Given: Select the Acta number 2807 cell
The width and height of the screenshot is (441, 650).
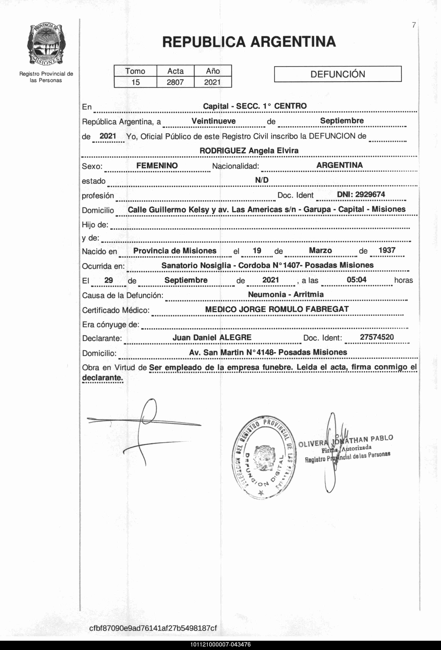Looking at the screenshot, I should (x=175, y=82).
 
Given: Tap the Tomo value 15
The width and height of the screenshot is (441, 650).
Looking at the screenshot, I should (x=135, y=82).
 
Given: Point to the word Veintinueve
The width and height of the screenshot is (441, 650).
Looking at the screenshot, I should (x=213, y=121).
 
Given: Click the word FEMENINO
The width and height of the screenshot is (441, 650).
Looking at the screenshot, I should (x=157, y=166).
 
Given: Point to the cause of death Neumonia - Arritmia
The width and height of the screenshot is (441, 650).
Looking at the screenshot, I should (x=286, y=294).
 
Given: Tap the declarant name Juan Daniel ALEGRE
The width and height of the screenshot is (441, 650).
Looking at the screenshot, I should (x=212, y=338).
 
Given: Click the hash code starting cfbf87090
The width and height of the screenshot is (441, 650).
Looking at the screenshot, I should (x=153, y=628).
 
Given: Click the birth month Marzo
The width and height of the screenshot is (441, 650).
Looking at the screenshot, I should (x=320, y=250).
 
